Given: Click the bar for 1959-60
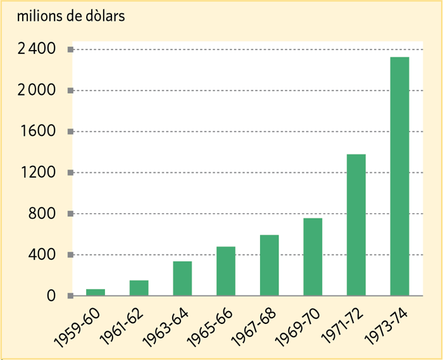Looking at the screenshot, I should pyautogui.click(x=95, y=292).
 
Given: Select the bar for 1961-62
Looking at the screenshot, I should pyautogui.click(x=139, y=288).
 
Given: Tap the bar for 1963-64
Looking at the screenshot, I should pyautogui.click(x=182, y=278).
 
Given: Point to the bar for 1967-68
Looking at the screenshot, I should pyautogui.click(x=269, y=265).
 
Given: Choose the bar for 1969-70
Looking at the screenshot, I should pyautogui.click(x=313, y=257).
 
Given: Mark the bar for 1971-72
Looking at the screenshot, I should pyautogui.click(x=356, y=225).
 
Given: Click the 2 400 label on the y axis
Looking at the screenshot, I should pyautogui.click(x=37, y=49).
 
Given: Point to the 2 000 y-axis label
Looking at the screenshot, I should pyautogui.click(x=37, y=90).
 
